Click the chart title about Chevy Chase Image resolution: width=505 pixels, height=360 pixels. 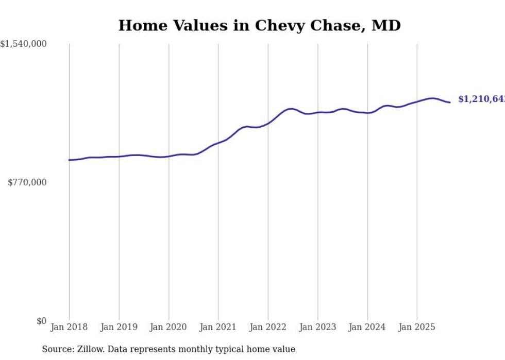[259, 25]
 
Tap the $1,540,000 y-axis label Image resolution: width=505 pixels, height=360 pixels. [24, 44]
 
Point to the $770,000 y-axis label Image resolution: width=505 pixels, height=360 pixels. [27, 182]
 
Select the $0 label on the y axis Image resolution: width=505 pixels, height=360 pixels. [41, 321]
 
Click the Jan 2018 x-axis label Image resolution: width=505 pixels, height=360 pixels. [69, 327]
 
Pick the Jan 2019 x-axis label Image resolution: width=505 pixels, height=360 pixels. [119, 327]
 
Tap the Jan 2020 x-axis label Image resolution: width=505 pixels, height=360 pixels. [169, 327]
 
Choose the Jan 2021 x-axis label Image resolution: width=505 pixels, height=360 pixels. [218, 327]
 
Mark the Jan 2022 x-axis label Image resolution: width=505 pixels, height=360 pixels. [268, 327]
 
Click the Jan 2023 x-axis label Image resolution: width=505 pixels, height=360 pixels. [317, 327]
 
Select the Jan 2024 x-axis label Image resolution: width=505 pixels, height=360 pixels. [367, 327]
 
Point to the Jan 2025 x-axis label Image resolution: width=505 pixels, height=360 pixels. [417, 327]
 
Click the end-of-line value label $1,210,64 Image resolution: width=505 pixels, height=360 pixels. [481, 99]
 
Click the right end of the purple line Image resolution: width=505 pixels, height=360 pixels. [450, 102]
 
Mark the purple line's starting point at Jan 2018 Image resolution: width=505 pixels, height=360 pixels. [69, 160]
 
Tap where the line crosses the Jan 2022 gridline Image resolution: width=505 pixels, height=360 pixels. [268, 123]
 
